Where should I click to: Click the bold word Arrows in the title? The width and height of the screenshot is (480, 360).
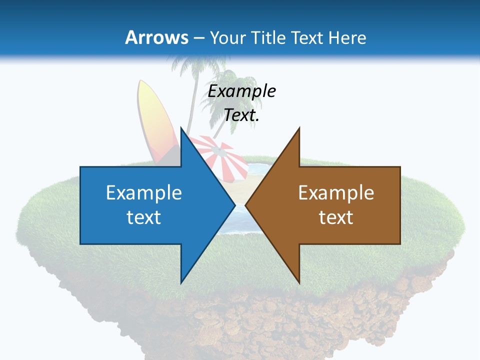click(x=156, y=37)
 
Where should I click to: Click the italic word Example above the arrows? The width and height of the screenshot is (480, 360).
click(x=242, y=91)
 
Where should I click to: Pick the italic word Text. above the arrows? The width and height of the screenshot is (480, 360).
click(x=242, y=115)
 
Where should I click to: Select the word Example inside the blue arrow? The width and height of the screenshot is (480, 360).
click(x=144, y=192)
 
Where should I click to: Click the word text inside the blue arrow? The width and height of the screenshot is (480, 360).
click(x=144, y=217)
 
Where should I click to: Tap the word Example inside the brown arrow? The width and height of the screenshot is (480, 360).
click(x=336, y=192)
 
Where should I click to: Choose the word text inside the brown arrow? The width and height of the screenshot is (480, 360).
click(x=336, y=217)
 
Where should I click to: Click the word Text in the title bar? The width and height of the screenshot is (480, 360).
click(x=308, y=37)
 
